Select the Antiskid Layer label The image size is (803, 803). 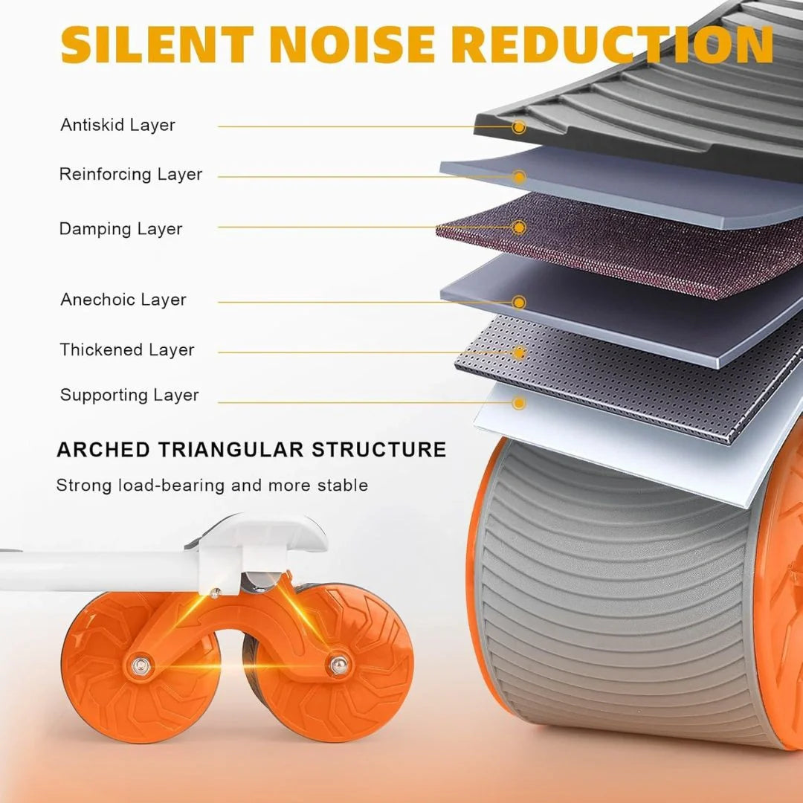(117, 125)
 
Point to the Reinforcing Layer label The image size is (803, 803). (131, 174)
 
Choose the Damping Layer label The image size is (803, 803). (121, 228)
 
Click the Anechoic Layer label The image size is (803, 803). (123, 299)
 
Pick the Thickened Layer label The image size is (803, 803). (127, 349)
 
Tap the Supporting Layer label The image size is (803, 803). (129, 395)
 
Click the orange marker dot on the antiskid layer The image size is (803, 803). (519, 127)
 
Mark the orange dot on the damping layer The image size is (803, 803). (519, 228)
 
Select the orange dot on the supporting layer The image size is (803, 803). (519, 402)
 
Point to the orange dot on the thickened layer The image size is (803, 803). (519, 353)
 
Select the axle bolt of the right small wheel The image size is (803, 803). (338, 664)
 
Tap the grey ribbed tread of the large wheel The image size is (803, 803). (615, 604)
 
